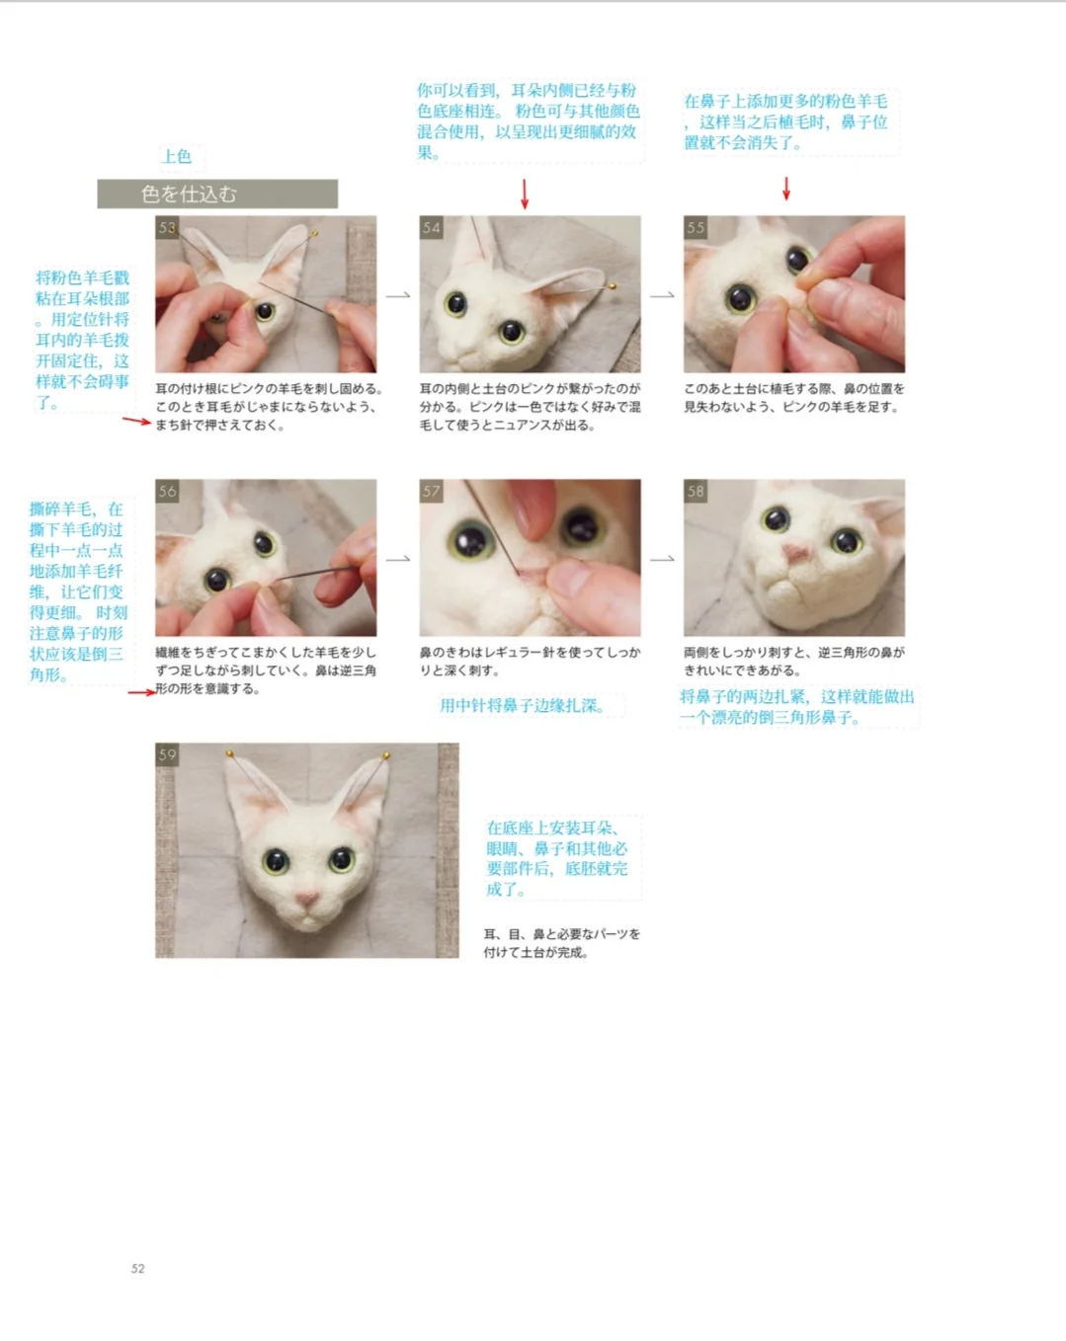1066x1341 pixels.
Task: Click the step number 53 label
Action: tap(167, 227)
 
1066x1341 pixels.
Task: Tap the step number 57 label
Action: tap(431, 491)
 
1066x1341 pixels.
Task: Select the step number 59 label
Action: tap(167, 754)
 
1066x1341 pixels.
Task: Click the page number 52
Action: tap(137, 1268)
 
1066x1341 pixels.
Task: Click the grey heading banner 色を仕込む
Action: tap(217, 194)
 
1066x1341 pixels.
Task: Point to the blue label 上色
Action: tap(177, 156)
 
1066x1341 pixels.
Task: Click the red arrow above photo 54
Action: tap(525, 194)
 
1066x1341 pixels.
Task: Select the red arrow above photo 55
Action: tap(786, 189)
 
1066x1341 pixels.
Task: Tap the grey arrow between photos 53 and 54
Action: tap(398, 295)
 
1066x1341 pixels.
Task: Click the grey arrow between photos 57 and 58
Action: tap(662, 559)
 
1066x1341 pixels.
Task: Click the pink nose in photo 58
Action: tap(794, 553)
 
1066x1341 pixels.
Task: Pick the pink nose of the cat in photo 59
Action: tap(308, 898)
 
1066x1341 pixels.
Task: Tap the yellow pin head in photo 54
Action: tap(613, 286)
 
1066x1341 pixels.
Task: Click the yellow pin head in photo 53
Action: tap(314, 234)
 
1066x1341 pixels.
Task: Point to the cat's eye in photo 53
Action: tap(265, 311)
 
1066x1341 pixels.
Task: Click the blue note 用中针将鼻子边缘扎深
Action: tap(523, 705)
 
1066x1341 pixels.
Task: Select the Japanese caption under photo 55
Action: tap(793, 398)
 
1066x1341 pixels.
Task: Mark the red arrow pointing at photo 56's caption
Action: tap(141, 691)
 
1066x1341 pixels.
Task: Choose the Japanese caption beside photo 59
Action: tap(562, 943)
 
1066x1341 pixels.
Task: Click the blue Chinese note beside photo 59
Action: tap(556, 858)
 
